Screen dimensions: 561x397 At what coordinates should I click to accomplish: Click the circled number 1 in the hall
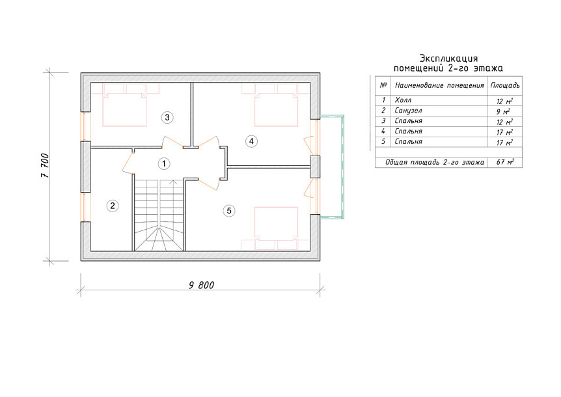click(x=164, y=164)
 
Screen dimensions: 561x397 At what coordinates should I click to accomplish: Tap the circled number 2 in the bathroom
click(x=113, y=206)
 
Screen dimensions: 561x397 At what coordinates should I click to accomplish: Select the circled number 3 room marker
click(x=167, y=117)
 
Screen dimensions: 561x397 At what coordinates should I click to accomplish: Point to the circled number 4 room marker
click(x=251, y=141)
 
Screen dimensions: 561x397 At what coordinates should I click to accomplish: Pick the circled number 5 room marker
click(x=229, y=211)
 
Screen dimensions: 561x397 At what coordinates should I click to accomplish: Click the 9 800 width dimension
click(x=202, y=285)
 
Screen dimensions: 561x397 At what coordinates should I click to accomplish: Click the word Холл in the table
click(x=403, y=100)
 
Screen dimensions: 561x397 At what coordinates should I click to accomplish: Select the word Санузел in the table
click(x=408, y=111)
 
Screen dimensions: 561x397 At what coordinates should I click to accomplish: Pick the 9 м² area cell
click(x=503, y=111)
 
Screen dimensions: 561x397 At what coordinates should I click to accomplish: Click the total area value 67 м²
click(x=505, y=162)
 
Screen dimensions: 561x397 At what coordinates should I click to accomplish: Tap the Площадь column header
click(x=505, y=85)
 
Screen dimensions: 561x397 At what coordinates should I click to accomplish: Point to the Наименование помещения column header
click(x=439, y=85)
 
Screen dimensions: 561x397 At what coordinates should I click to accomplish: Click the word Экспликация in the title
click(x=448, y=59)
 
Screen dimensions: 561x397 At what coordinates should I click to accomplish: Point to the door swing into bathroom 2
click(x=128, y=163)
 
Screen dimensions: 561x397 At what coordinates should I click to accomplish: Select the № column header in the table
click(x=383, y=85)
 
